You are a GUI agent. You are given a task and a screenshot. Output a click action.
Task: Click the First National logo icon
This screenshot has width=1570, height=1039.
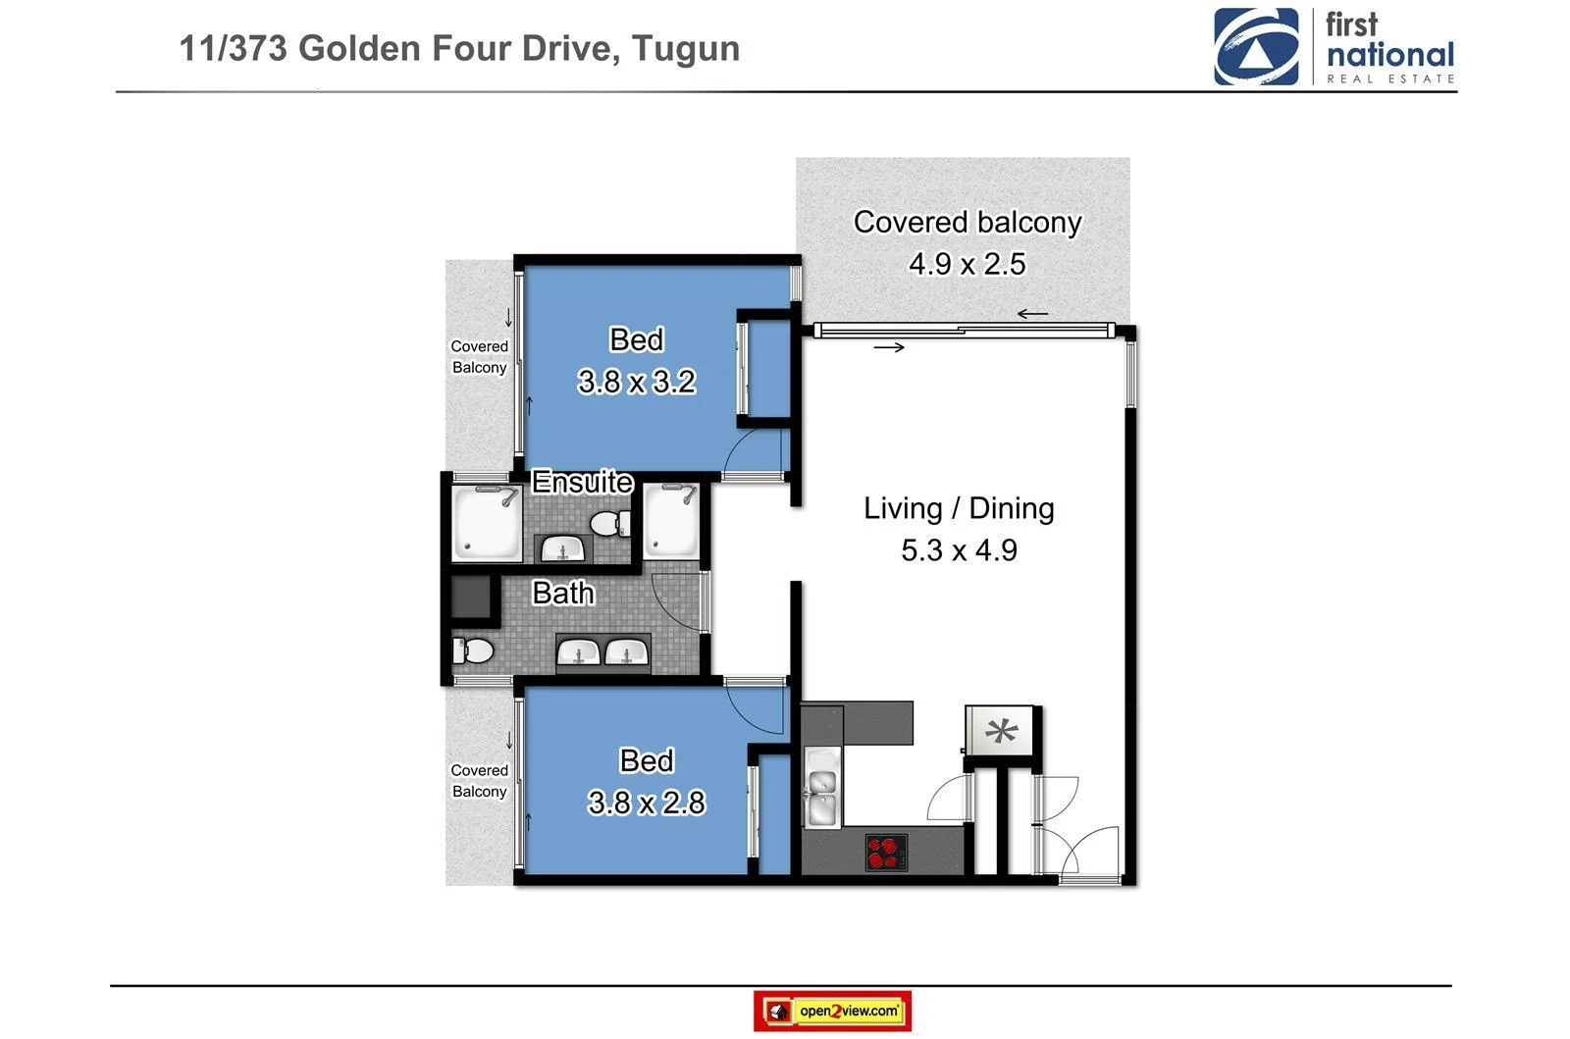[x=1256, y=47]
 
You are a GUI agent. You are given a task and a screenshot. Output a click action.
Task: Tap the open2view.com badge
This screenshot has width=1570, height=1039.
[x=832, y=1011]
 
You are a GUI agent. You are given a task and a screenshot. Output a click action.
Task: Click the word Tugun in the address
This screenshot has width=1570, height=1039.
[x=685, y=48]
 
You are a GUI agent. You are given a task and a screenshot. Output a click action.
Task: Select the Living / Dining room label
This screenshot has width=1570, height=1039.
[x=959, y=508]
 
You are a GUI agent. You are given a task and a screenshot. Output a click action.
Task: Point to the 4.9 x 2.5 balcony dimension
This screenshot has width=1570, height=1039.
[x=967, y=264]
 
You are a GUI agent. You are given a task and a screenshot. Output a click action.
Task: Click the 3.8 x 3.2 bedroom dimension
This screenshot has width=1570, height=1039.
[x=637, y=381]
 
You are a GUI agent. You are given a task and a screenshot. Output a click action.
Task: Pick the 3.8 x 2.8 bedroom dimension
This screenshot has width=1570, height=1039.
[x=646, y=803]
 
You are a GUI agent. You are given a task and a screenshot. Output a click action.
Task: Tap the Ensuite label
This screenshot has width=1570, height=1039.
[x=582, y=482]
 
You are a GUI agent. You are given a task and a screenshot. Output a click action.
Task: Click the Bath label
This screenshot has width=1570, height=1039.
[x=562, y=593]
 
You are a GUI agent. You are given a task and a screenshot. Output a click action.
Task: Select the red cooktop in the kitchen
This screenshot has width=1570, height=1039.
[x=886, y=852]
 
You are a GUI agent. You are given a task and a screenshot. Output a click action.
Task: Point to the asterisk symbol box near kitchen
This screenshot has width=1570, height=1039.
[x=1001, y=731]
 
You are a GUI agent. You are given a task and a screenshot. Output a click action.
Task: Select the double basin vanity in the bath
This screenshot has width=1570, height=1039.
[x=603, y=652]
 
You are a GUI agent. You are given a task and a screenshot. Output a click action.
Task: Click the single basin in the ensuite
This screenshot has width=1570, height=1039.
[x=563, y=549]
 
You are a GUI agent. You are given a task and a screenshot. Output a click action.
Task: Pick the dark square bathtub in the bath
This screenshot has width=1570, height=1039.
[x=471, y=597]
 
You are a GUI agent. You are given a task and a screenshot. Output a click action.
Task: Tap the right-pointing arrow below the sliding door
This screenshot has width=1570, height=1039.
[x=888, y=347]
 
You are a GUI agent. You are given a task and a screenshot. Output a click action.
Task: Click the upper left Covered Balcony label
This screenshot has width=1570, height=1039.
[x=479, y=357]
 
